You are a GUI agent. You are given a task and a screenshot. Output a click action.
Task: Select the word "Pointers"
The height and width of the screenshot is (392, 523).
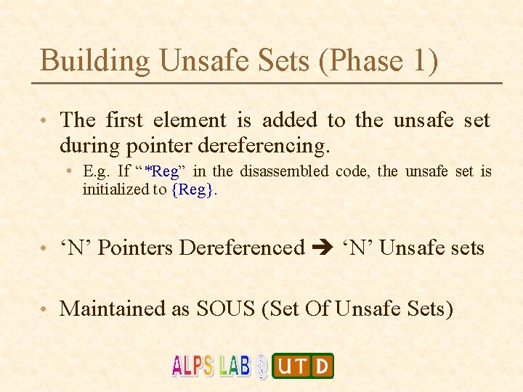coord(138,248)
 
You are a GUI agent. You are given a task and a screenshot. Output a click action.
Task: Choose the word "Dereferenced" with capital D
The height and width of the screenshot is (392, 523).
coord(242,248)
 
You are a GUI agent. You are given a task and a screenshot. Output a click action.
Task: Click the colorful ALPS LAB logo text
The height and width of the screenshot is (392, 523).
coord(211,365)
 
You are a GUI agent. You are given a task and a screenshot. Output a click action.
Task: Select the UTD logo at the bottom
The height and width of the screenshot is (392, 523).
coord(303,366)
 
